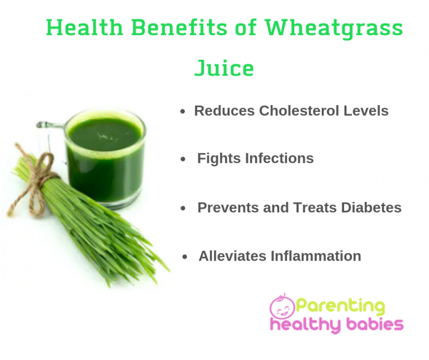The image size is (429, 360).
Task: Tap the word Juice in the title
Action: point(224,68)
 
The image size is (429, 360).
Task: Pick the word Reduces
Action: point(225,111)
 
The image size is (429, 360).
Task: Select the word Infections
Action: point(279,159)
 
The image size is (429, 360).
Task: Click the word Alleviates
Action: point(232,256)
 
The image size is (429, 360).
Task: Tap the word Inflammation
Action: point(316,256)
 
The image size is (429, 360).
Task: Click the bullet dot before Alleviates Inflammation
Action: point(185,257)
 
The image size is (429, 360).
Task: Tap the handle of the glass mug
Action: point(48,134)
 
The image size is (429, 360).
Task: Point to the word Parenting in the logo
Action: point(341,306)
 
